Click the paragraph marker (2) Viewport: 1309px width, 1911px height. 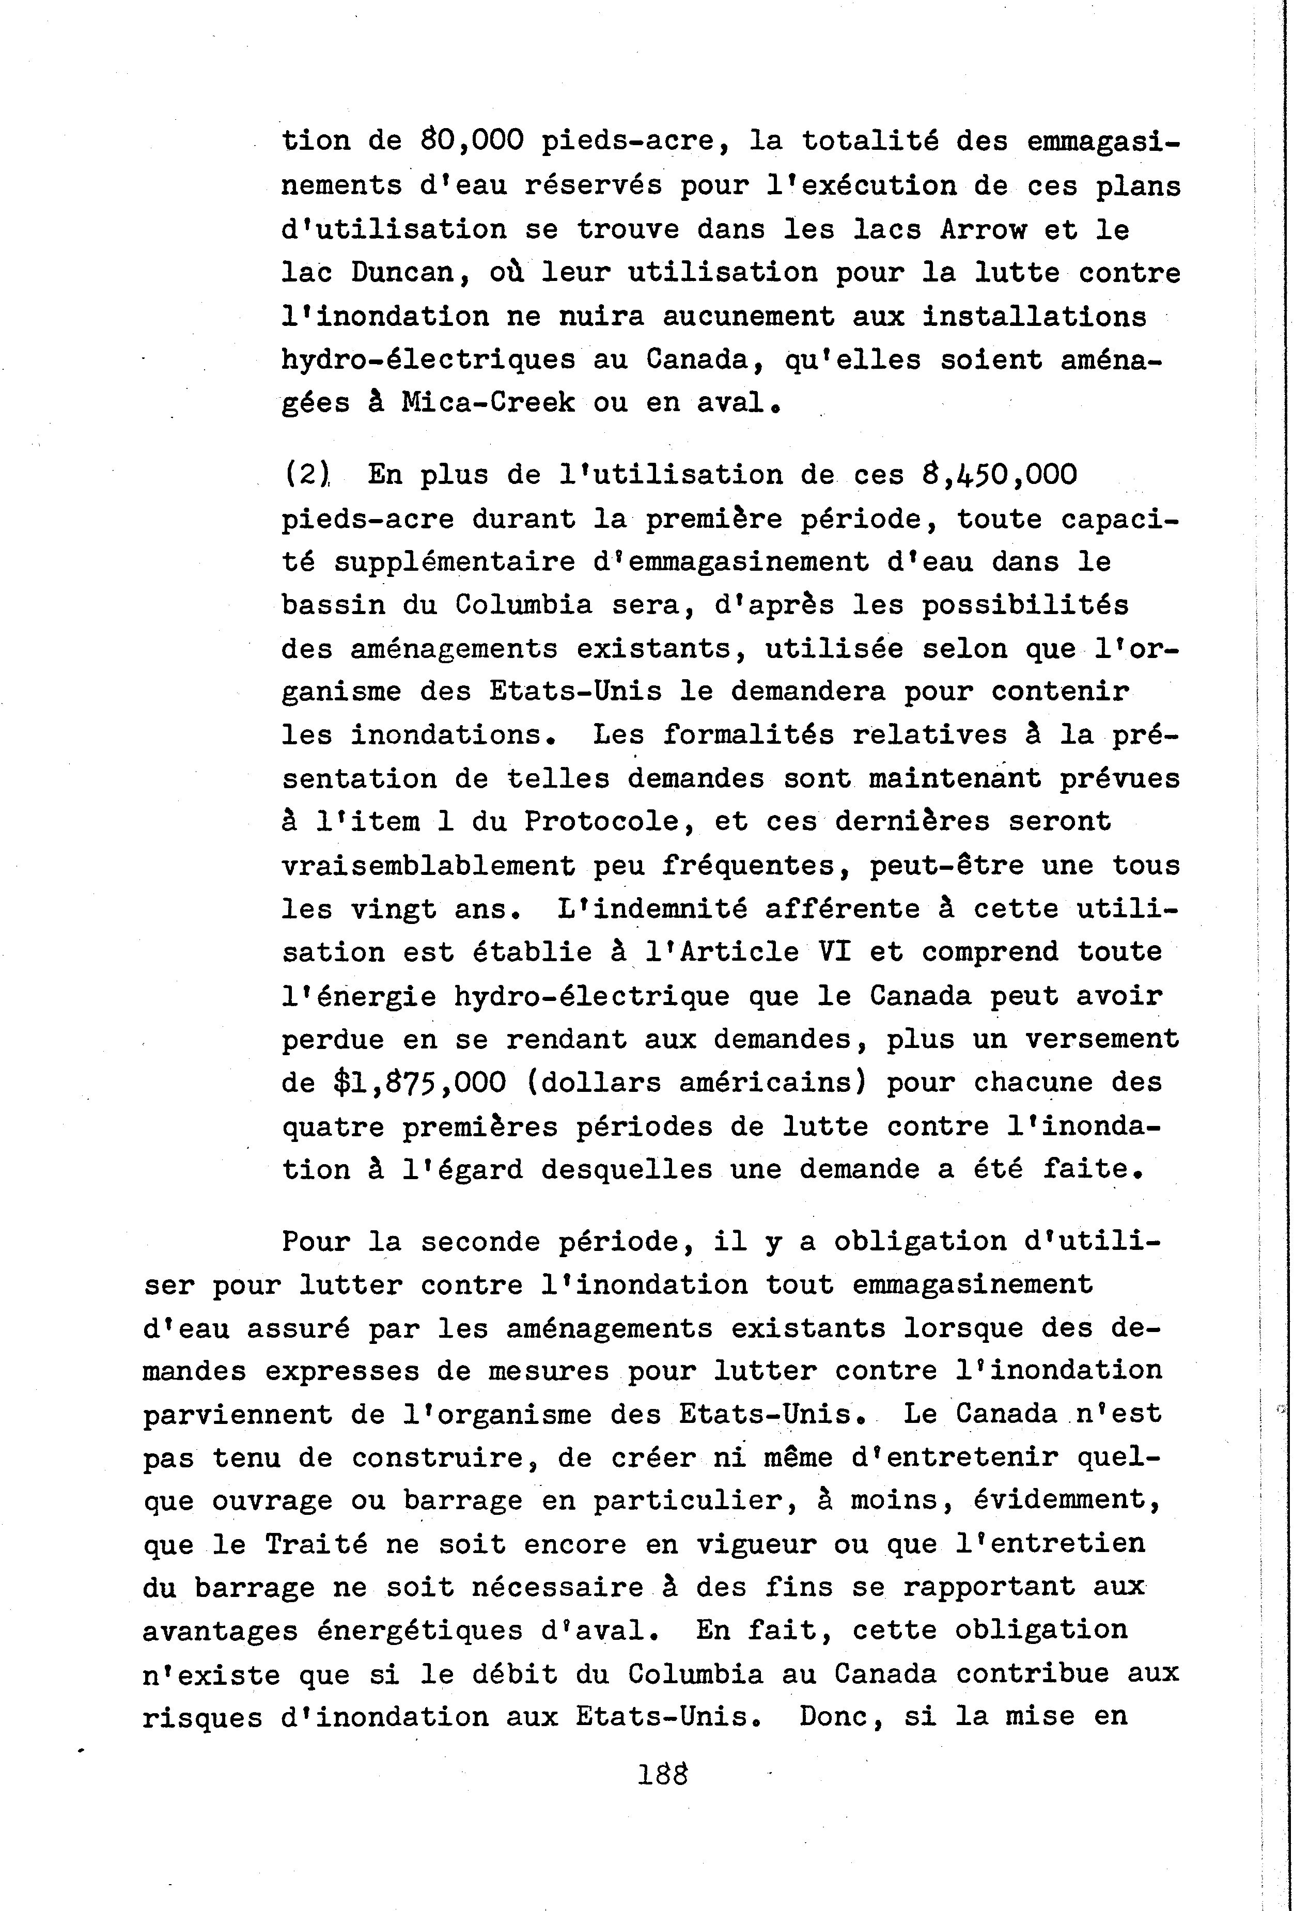(x=306, y=475)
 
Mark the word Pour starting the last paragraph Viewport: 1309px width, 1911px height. (x=316, y=1242)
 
